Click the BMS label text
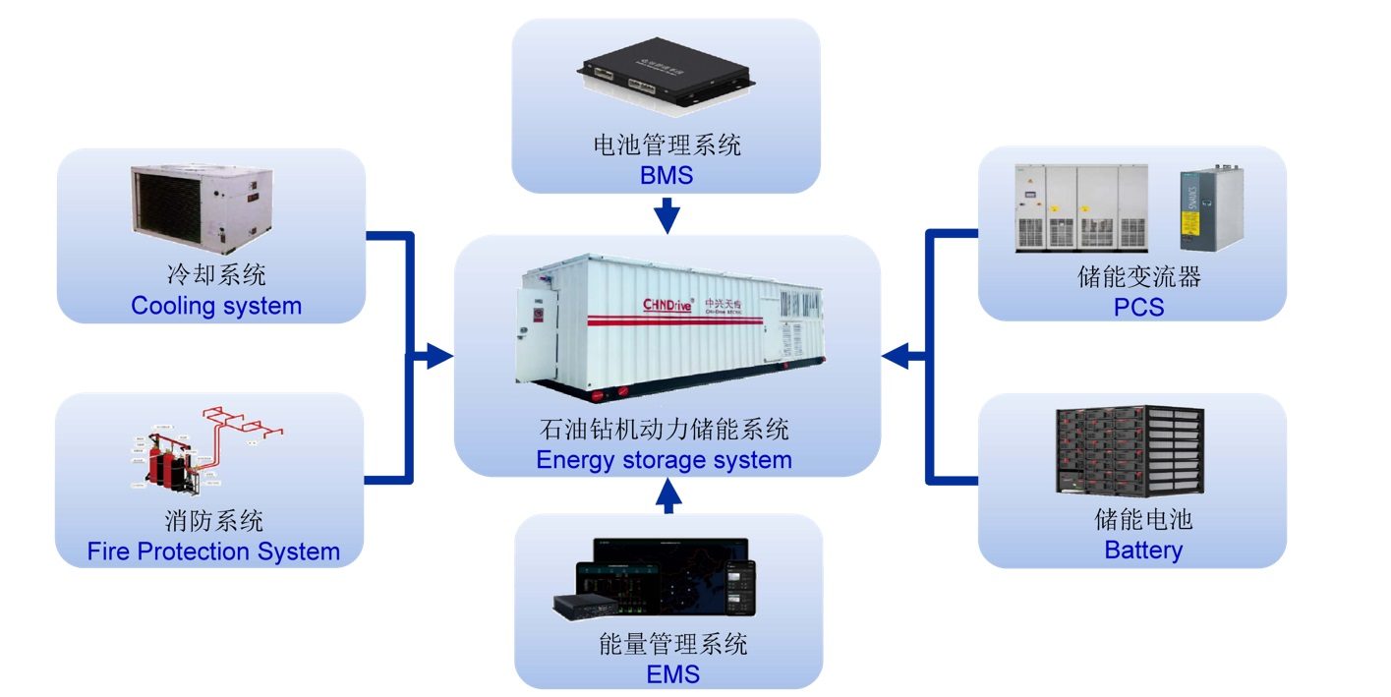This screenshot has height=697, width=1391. tap(667, 176)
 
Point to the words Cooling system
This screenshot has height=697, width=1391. tap(216, 306)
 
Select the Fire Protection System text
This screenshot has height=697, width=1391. tap(213, 552)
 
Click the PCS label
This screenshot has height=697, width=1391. tap(1140, 308)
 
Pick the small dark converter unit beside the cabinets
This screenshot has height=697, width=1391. tap(1211, 208)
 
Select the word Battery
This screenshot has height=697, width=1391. tap(1143, 550)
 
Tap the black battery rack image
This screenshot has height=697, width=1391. tap(1130, 450)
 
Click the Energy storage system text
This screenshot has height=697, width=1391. tap(664, 460)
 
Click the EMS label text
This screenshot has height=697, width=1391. tap(672, 674)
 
